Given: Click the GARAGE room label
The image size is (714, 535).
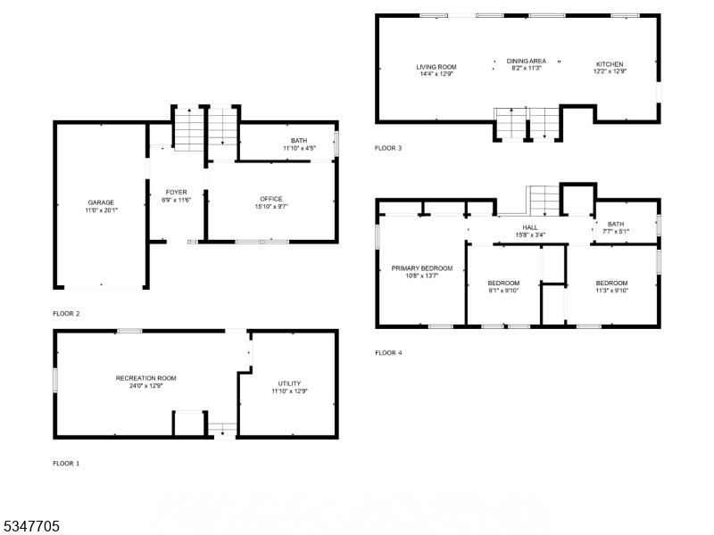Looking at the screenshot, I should pyautogui.click(x=101, y=202).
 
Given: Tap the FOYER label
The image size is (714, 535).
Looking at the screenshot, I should pyautogui.click(x=177, y=192).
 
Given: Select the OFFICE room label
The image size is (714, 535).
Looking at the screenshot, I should pyautogui.click(x=271, y=199).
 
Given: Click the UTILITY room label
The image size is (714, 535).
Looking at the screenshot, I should pyautogui.click(x=289, y=383).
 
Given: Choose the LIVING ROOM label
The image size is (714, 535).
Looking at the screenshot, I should pyautogui.click(x=436, y=67).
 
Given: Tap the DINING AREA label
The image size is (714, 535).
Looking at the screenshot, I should pyautogui.click(x=527, y=61).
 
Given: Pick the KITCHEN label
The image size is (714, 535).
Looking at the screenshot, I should pyautogui.click(x=610, y=64).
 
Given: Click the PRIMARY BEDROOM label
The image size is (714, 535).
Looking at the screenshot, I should pyautogui.click(x=422, y=268).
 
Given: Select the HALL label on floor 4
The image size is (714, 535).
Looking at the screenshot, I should pyautogui.click(x=530, y=228).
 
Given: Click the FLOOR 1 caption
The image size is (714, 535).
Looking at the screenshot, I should pyautogui.click(x=66, y=464).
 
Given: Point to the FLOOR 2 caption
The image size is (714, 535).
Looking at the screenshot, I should pyautogui.click(x=66, y=314).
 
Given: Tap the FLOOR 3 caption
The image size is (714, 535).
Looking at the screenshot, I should pyautogui.click(x=388, y=148).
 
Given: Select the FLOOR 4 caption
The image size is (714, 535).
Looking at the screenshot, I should pyautogui.click(x=388, y=353).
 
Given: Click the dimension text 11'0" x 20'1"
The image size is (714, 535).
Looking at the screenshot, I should pyautogui.click(x=101, y=210).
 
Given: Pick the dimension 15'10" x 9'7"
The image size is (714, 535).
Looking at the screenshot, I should pyautogui.click(x=271, y=207).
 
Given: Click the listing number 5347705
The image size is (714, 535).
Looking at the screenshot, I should pyautogui.click(x=30, y=527).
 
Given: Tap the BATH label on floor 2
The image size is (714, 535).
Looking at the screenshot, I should pyautogui.click(x=298, y=140).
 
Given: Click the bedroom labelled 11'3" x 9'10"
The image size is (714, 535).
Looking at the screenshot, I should pyautogui.click(x=612, y=284).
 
